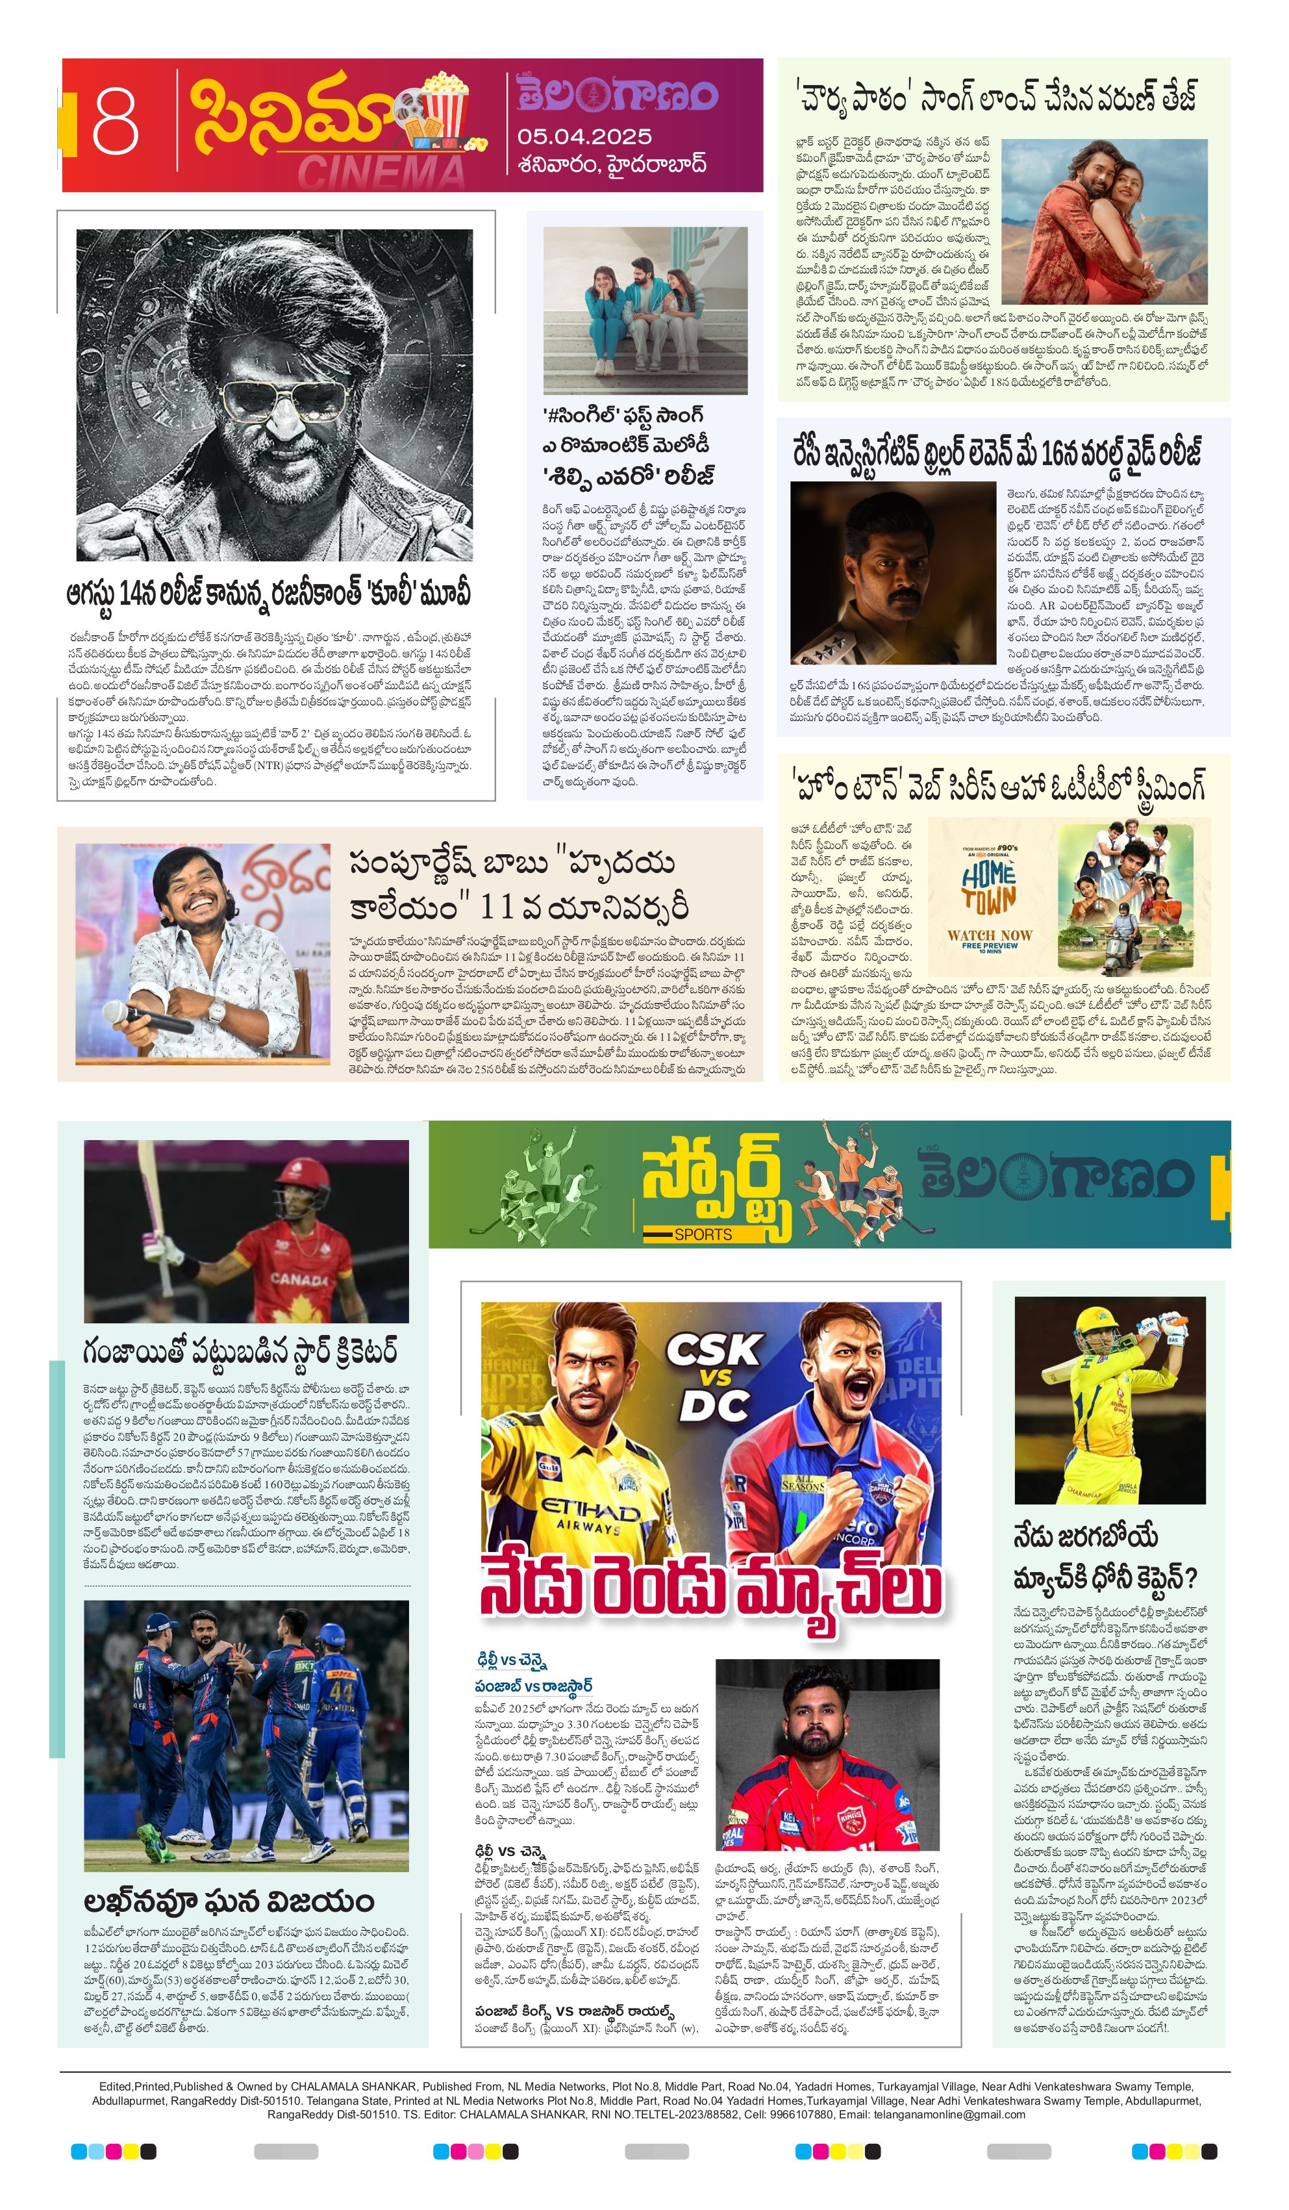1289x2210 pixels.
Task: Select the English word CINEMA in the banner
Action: (x=381, y=170)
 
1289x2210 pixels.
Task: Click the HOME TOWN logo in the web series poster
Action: (x=988, y=887)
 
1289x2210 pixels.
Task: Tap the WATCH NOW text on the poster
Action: (x=990, y=935)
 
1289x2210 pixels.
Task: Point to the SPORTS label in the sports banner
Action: (x=703, y=1234)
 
